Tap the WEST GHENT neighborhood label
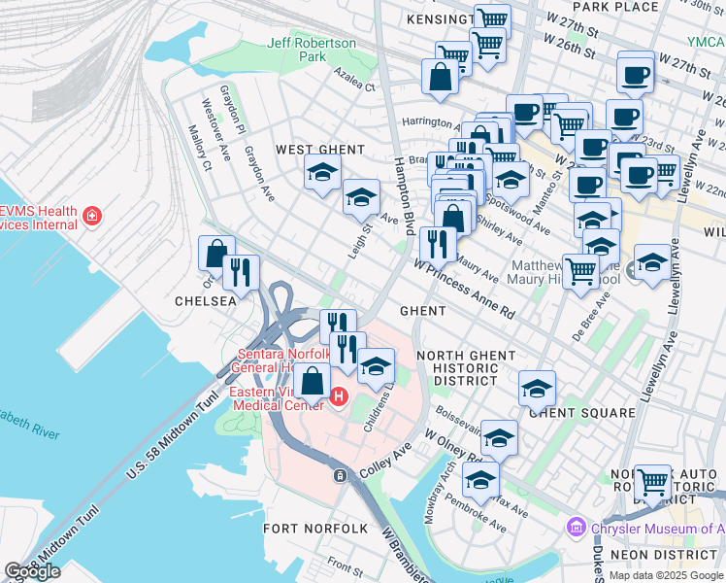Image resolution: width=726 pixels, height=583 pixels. pyautogui.click(x=319, y=150)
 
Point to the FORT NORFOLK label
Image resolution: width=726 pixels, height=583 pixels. pyautogui.click(x=315, y=528)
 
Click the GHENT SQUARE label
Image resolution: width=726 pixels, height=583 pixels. pyautogui.click(x=582, y=412)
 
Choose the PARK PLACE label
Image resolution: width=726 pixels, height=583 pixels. pyautogui.click(x=622, y=7)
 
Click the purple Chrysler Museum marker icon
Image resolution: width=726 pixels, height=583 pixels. pyautogui.click(x=575, y=528)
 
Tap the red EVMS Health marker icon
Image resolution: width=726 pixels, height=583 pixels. pyautogui.click(x=92, y=215)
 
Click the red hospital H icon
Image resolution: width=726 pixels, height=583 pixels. pyautogui.click(x=339, y=396)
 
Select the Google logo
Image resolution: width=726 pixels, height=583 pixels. pyautogui.click(x=32, y=571)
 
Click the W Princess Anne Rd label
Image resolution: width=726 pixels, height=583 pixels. pyautogui.click(x=464, y=286)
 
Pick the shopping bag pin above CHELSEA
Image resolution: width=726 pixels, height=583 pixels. pyautogui.click(x=216, y=253)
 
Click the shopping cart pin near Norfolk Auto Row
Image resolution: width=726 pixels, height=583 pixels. pyautogui.click(x=652, y=479)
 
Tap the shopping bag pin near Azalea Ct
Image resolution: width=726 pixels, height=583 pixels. pyautogui.click(x=440, y=76)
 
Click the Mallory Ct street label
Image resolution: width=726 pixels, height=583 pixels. pyautogui.click(x=201, y=147)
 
